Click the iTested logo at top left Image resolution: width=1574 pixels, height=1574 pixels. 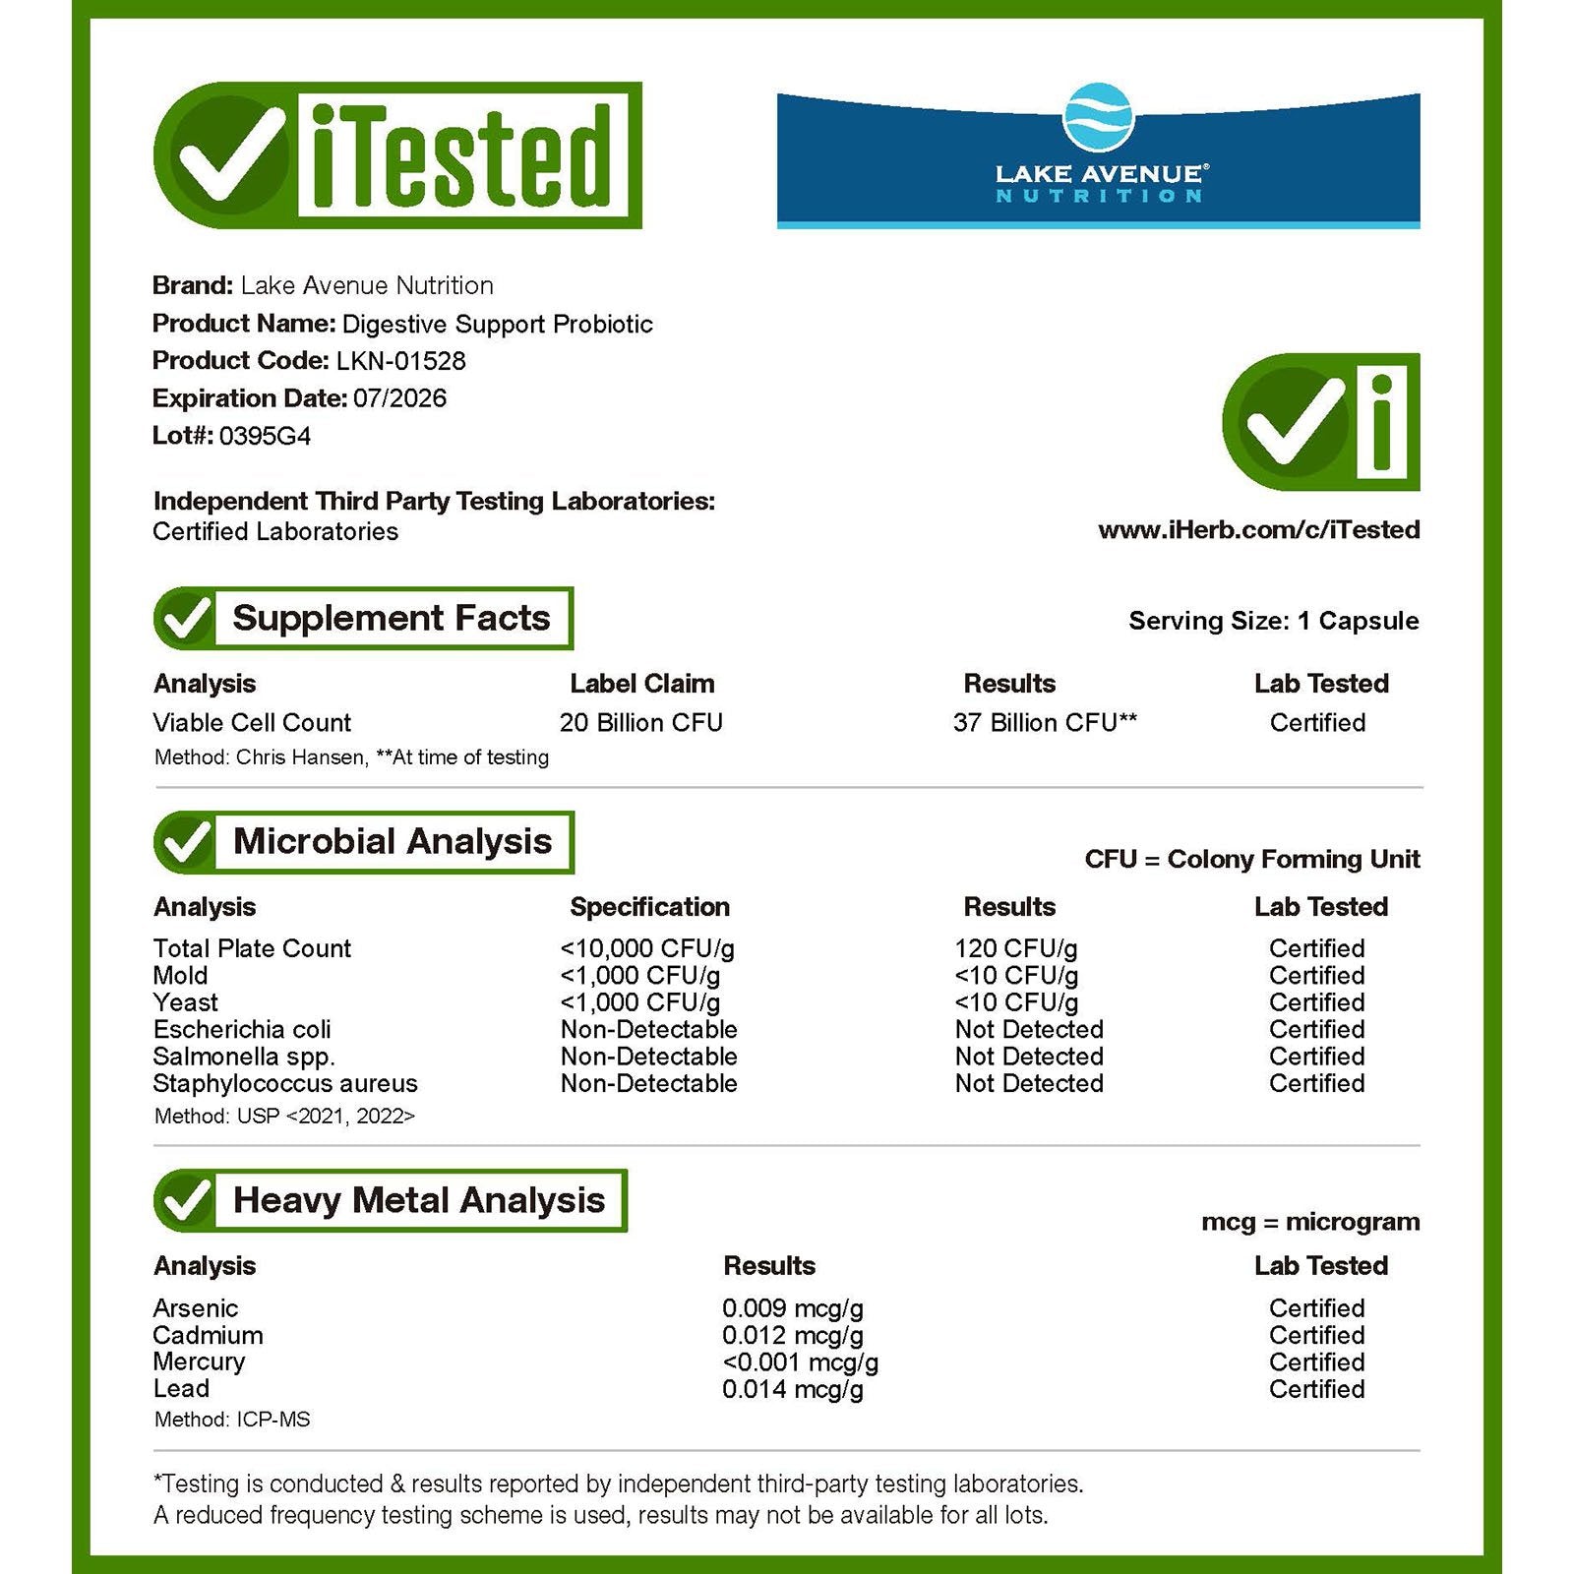point(398,155)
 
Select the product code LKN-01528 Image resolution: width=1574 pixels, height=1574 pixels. point(400,361)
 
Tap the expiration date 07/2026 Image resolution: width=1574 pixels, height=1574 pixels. point(399,398)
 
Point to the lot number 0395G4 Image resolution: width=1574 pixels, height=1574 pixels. point(265,436)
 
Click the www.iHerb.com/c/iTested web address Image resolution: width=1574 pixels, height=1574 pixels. point(1258,530)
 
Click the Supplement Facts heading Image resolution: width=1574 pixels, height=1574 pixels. point(391,619)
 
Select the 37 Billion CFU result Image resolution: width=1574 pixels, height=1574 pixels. point(1045,723)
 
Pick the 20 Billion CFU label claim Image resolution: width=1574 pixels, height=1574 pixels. point(640,723)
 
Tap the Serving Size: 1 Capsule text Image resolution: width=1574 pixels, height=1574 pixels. point(1273,621)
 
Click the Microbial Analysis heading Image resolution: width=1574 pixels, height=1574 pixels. point(392,842)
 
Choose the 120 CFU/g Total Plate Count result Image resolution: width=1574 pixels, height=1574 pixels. point(1015,949)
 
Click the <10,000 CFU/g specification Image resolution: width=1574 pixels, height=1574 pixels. point(646,949)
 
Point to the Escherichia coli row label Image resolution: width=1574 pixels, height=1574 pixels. point(242,1030)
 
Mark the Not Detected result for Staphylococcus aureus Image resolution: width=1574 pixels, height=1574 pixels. point(1029,1084)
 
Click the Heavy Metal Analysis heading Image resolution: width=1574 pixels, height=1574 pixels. point(418,1201)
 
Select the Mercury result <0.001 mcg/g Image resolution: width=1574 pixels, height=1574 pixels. point(800,1362)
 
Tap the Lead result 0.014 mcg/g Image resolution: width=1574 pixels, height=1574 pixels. point(792,1390)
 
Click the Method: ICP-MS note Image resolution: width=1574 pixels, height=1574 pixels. point(232,1420)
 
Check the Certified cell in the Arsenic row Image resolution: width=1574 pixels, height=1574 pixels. point(1316,1308)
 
